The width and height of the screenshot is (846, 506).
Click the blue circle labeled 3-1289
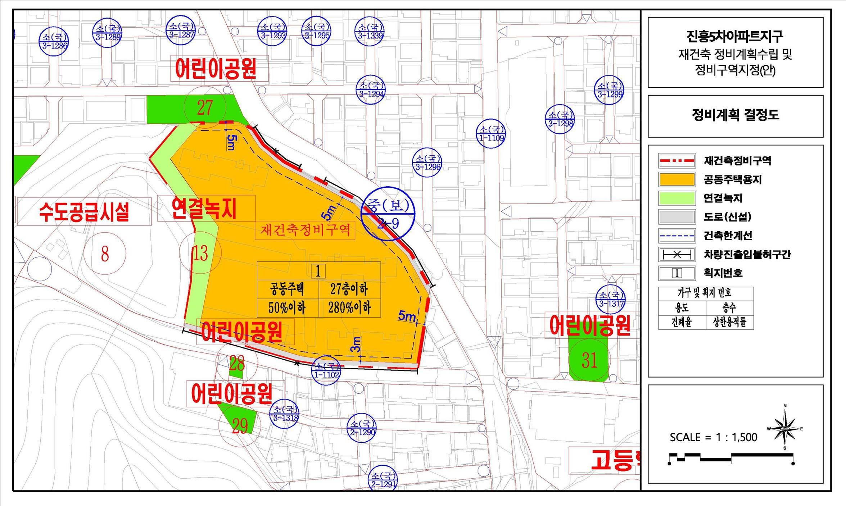tap(107, 32)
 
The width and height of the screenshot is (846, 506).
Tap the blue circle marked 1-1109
tap(491, 133)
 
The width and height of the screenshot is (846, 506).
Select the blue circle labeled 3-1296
tap(427, 163)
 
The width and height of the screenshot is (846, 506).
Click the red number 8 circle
tap(105, 254)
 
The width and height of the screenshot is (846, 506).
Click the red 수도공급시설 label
tap(84, 212)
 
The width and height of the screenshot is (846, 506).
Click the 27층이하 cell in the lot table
tap(349, 290)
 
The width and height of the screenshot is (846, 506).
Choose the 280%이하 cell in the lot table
tap(349, 308)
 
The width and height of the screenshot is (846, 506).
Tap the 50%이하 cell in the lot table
tap(287, 308)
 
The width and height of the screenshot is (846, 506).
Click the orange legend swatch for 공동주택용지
tap(677, 179)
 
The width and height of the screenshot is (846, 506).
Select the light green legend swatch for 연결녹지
tap(677, 198)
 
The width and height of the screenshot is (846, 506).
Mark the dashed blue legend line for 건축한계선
tap(677, 236)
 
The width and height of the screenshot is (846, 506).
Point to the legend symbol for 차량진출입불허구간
tap(677, 255)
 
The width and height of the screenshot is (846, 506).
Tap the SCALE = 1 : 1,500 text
tap(713, 437)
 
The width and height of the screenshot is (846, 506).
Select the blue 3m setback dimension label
tap(356, 344)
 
